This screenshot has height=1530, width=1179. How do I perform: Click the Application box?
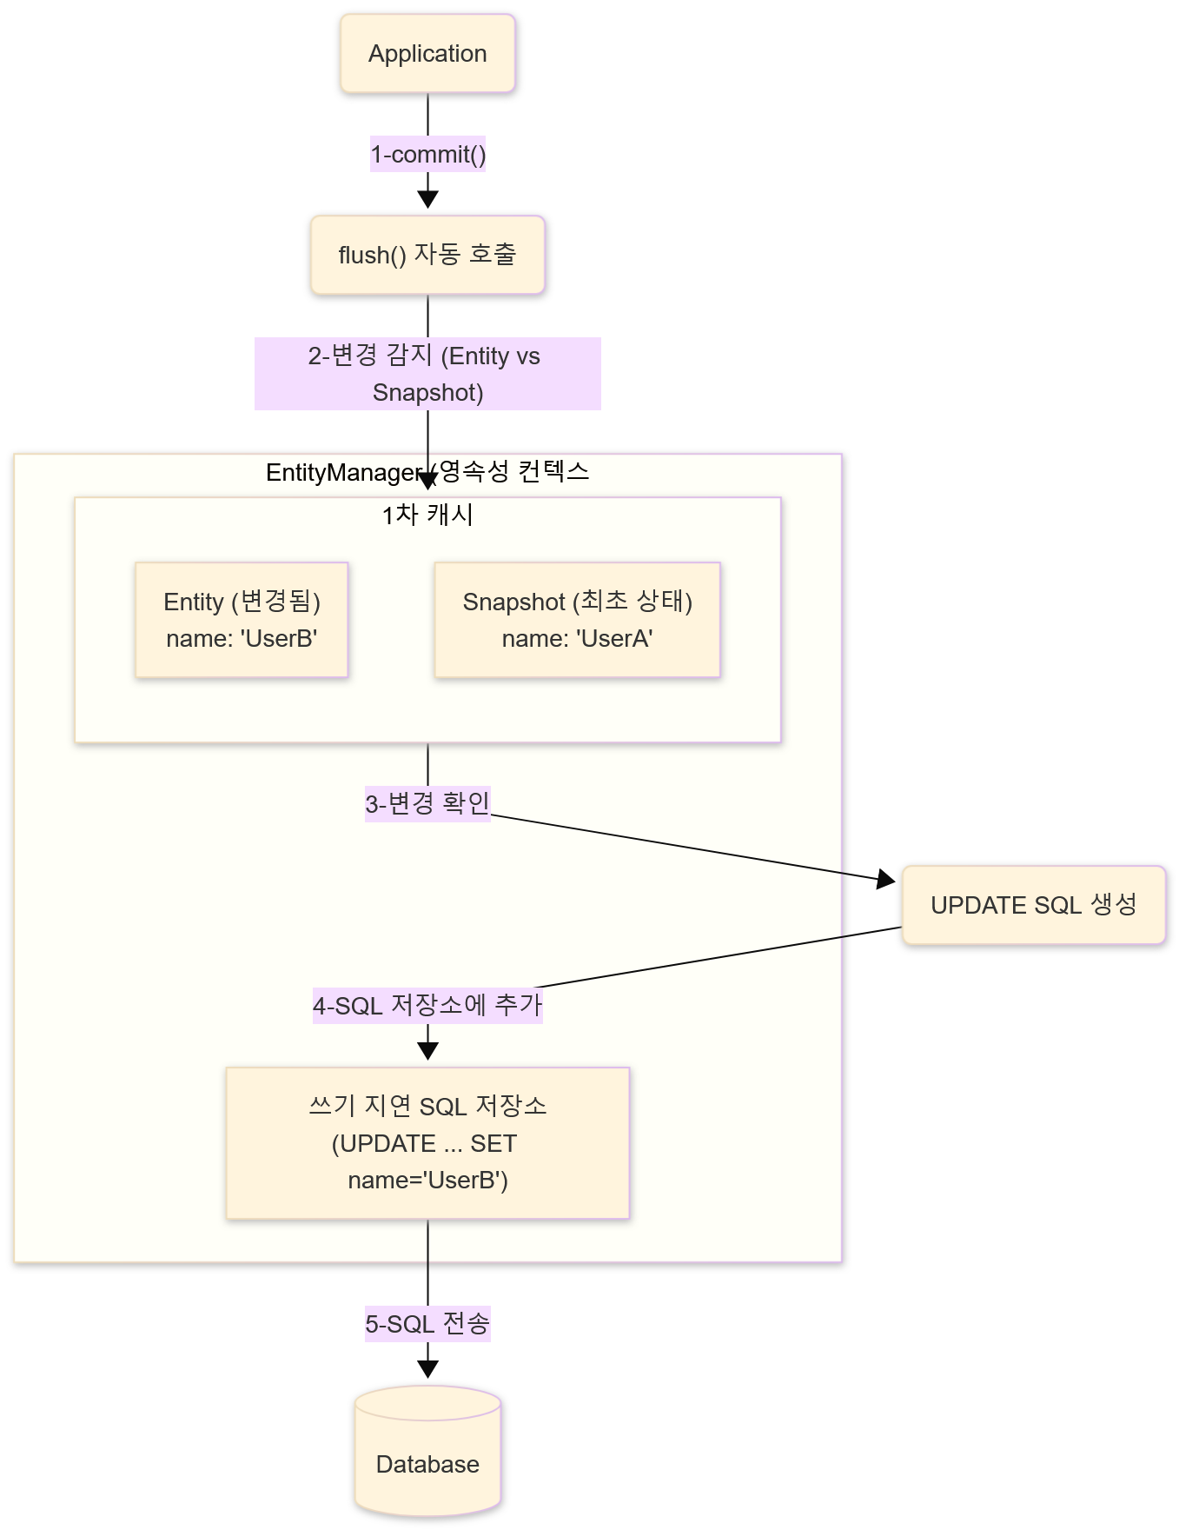[x=427, y=54]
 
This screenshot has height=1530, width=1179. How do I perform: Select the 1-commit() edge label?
[x=427, y=155]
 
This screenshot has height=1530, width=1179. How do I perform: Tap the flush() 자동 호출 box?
[x=427, y=255]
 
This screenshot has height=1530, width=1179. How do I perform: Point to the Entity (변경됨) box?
[x=242, y=619]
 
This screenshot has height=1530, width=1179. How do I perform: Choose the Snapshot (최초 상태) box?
[x=577, y=619]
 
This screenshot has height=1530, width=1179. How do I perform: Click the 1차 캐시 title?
[x=427, y=515]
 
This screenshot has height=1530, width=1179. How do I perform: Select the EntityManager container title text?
[x=427, y=472]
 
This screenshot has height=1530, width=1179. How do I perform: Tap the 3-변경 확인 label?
[x=427, y=803]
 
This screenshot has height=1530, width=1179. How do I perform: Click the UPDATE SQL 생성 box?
[x=1033, y=905]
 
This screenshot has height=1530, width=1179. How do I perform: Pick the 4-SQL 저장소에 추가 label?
[x=427, y=1006]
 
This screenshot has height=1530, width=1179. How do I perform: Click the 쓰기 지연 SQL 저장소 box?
[x=427, y=1143]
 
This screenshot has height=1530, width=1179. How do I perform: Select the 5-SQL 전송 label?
[x=427, y=1324]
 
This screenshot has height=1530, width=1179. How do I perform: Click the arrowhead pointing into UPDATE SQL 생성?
[x=886, y=880]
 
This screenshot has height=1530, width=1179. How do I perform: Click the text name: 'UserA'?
[x=577, y=639]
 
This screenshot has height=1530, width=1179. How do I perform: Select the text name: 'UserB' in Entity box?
[x=242, y=639]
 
